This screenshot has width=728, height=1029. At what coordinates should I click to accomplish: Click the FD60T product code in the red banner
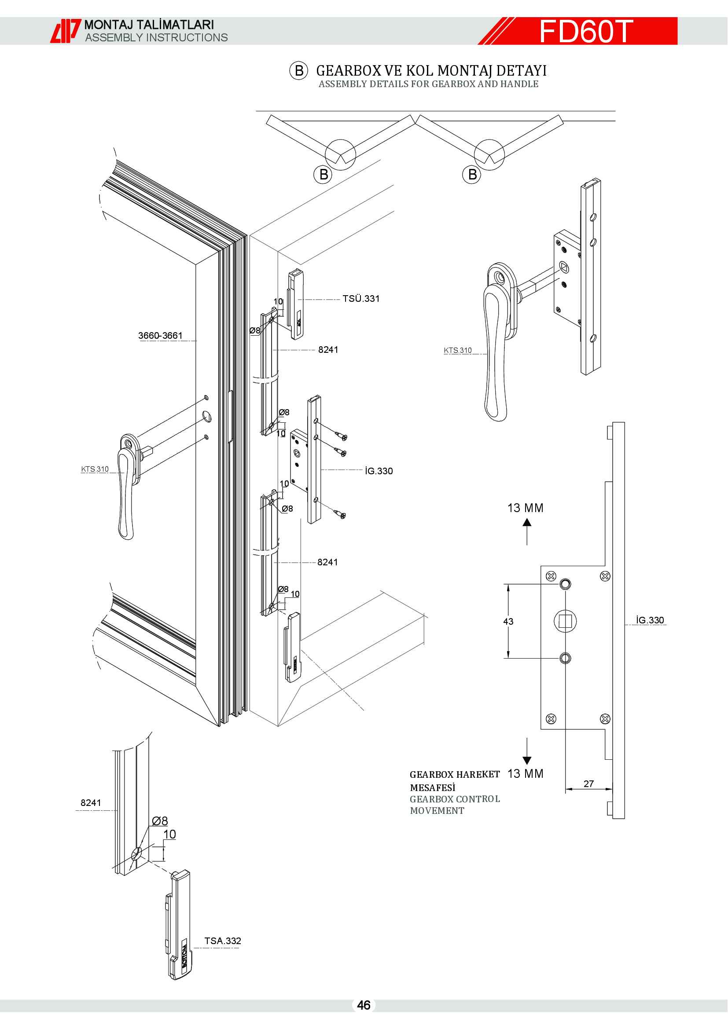coord(585,31)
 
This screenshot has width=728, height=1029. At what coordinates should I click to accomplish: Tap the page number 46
coord(364,1005)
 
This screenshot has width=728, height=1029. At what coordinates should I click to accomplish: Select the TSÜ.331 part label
coord(361,298)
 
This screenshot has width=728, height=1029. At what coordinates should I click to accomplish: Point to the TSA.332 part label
coord(222,941)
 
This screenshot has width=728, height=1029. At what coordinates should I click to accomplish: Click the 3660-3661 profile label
coord(160,335)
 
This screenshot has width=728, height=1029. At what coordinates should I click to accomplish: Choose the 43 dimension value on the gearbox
coord(508,621)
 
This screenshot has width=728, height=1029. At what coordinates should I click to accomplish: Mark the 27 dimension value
coord(588,784)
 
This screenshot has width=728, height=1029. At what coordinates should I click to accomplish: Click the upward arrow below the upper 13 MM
coord(527,531)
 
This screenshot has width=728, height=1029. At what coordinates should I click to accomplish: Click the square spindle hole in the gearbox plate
coord(565,621)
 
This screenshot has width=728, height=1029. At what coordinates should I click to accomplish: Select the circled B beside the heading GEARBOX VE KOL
coord(298,71)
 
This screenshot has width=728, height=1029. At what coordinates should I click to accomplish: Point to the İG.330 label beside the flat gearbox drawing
coord(650,620)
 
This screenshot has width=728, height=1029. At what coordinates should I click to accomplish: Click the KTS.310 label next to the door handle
coord(95,469)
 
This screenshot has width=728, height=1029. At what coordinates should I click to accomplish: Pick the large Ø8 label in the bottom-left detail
coord(160,820)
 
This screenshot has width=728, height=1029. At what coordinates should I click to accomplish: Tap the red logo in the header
coord(66,31)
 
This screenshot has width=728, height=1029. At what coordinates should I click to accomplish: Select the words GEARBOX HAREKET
coord(455,774)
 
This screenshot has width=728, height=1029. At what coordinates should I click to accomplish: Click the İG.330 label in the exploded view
coord(379,471)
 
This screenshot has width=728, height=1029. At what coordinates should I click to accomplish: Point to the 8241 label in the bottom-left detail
coord(91,802)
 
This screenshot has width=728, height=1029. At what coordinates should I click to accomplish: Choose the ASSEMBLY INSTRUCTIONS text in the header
coord(156,38)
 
